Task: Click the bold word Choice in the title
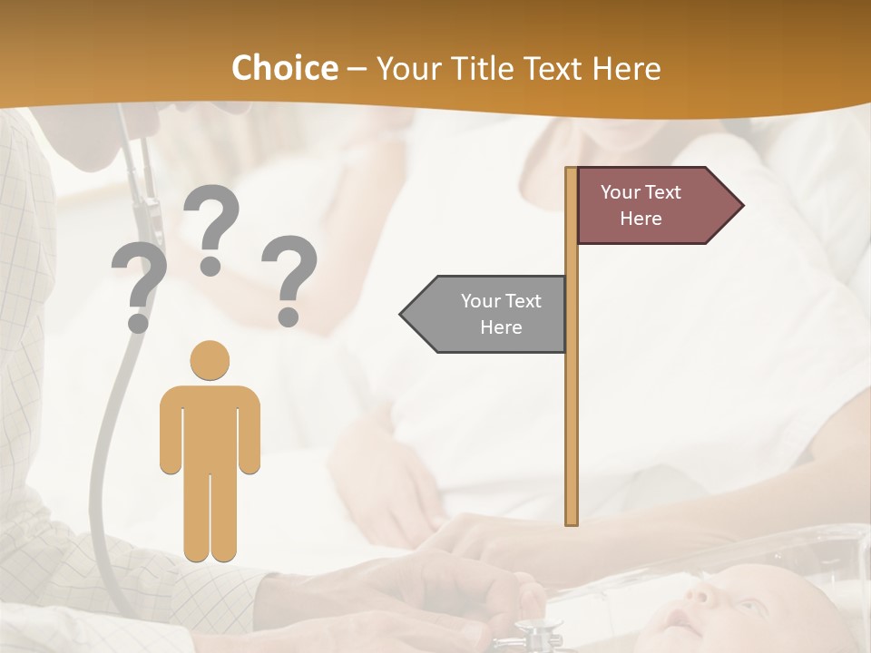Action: click(x=284, y=69)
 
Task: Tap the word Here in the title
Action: click(x=626, y=69)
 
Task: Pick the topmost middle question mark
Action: click(x=211, y=227)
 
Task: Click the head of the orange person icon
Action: click(x=210, y=360)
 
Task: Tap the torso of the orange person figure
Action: click(x=210, y=426)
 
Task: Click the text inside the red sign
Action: click(x=641, y=205)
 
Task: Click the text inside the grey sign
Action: click(x=501, y=314)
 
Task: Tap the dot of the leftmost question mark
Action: click(x=138, y=322)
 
